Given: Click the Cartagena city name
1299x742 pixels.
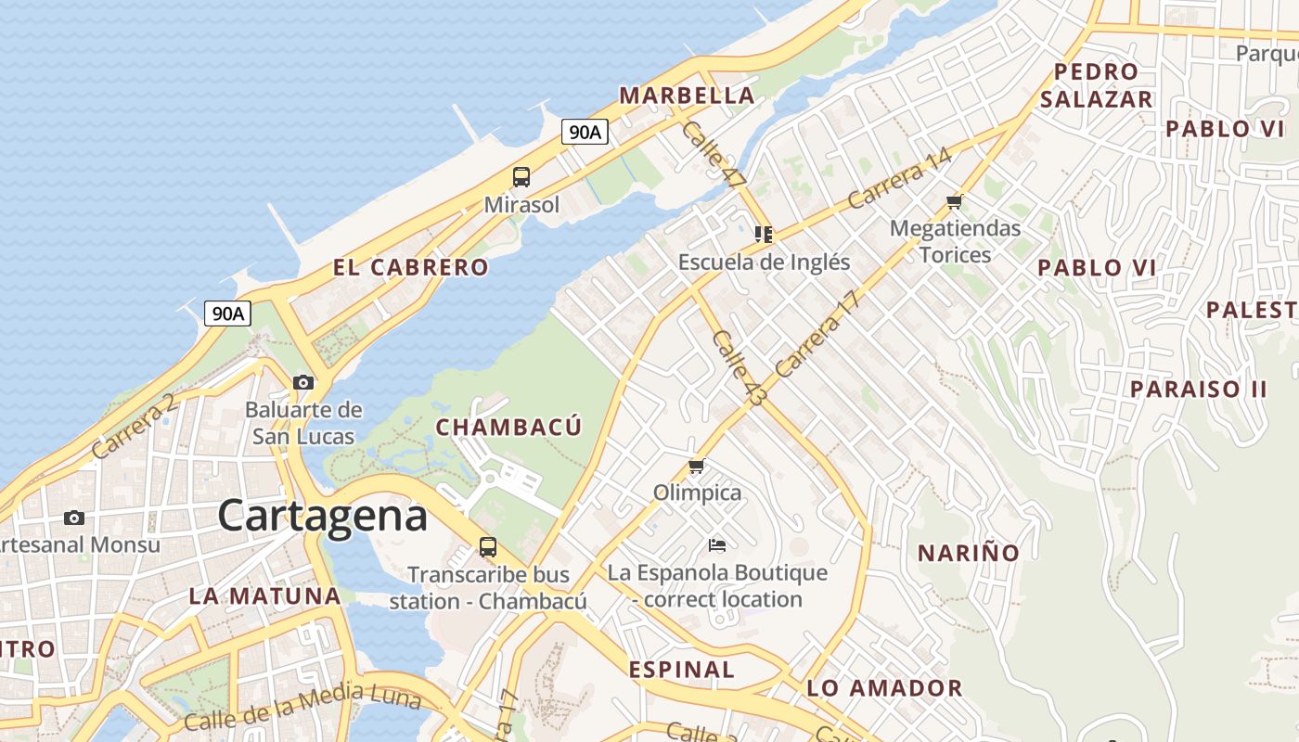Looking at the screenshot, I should tap(323, 516).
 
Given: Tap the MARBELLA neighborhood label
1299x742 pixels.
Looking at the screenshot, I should tap(687, 96).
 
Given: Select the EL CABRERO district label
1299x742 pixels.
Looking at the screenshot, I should tap(410, 267).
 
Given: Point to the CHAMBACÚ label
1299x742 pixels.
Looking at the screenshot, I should tap(508, 427).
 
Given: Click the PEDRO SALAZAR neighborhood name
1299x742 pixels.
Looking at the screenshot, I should tap(1096, 85).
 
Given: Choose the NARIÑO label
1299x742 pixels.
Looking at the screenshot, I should tap(969, 554).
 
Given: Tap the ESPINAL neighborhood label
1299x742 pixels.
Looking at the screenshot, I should tap(681, 669).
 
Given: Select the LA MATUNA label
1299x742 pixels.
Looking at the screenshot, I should tap(265, 595).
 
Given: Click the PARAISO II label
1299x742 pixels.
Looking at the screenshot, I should tap(1198, 389).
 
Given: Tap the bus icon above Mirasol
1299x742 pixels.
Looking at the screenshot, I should tap(521, 176).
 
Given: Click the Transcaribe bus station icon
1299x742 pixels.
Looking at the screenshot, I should tap(488, 546).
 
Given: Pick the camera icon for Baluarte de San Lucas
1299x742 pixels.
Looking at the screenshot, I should tap(303, 382).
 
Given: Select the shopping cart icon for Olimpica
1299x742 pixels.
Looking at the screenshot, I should tap(697, 466).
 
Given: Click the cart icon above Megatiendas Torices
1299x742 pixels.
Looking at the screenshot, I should tap(954, 201).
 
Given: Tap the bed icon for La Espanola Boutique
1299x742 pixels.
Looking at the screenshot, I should tap(716, 544).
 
